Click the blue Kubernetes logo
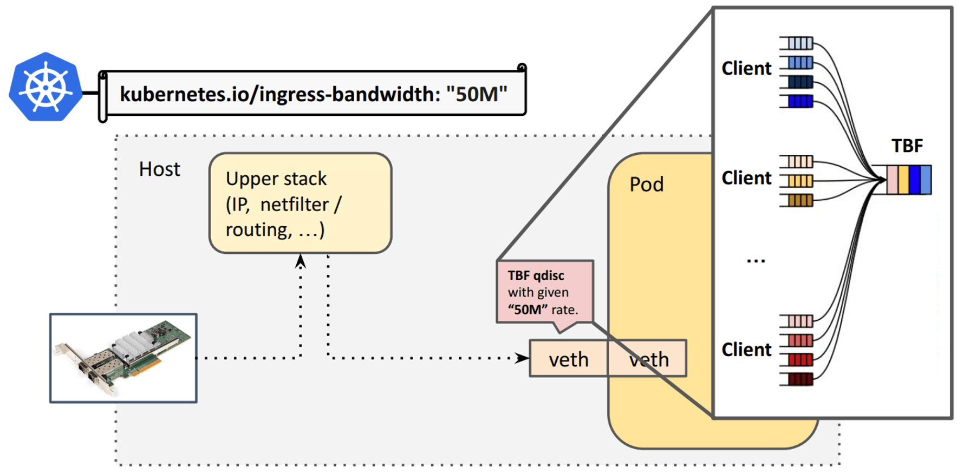click(x=45, y=87)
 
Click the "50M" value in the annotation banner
click(x=477, y=94)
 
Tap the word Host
click(x=159, y=169)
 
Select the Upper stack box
click(x=300, y=203)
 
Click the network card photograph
click(x=123, y=358)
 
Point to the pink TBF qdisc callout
click(x=544, y=292)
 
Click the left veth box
click(x=568, y=359)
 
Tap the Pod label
click(x=646, y=185)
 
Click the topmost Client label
click(x=746, y=69)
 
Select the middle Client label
click(x=746, y=178)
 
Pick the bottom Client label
click(x=746, y=350)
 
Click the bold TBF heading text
click(x=907, y=146)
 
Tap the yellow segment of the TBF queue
click(x=903, y=180)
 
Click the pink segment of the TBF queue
click(x=892, y=180)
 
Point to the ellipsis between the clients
click(x=756, y=261)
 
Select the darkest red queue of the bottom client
click(x=800, y=379)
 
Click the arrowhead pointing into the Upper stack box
click(x=301, y=261)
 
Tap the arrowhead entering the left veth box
click(x=522, y=358)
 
